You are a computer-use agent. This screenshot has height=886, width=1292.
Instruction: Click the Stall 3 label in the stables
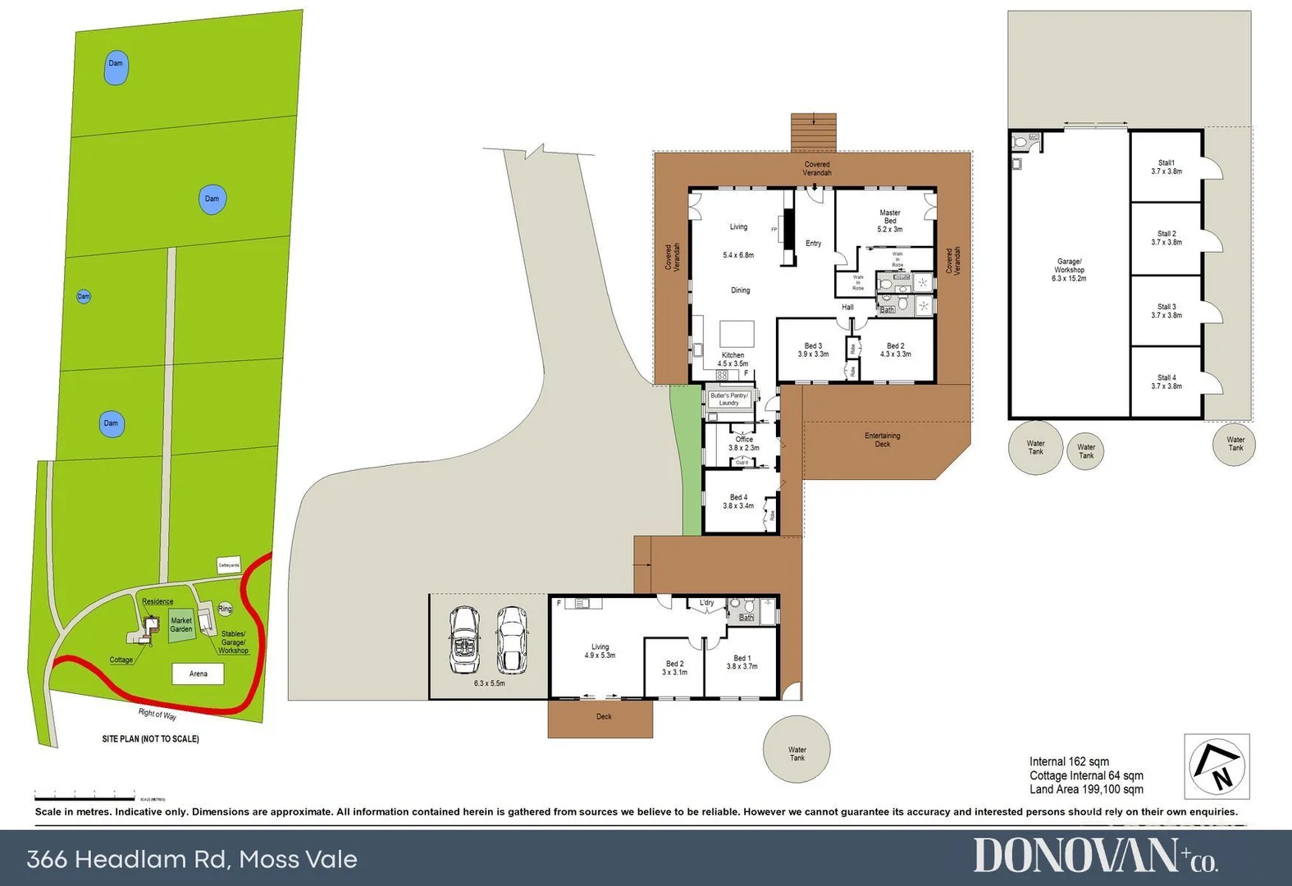pyautogui.click(x=1166, y=311)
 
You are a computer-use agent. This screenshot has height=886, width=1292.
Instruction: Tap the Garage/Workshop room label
pyautogui.click(x=1069, y=270)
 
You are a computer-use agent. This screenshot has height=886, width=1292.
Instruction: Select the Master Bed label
pyautogui.click(x=890, y=221)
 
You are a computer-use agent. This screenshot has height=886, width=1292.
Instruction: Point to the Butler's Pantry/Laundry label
pyautogui.click(x=729, y=399)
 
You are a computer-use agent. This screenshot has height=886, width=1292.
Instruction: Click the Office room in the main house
pyautogui.click(x=744, y=443)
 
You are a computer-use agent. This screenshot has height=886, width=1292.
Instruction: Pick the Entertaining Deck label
pyautogui.click(x=882, y=440)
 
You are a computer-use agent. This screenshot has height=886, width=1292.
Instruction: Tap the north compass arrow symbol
pyautogui.click(x=1218, y=766)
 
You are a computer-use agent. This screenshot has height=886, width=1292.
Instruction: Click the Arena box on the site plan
pyautogui.click(x=198, y=674)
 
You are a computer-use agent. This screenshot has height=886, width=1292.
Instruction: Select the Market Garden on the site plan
pyautogui.click(x=181, y=625)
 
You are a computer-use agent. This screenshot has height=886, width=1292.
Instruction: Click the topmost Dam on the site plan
pyautogui.click(x=116, y=69)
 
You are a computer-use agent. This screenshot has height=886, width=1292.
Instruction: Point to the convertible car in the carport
pyautogui.click(x=465, y=640)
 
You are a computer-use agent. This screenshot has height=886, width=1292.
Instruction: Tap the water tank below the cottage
pyautogui.click(x=797, y=750)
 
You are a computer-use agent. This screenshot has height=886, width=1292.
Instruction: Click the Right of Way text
pyautogui.click(x=158, y=714)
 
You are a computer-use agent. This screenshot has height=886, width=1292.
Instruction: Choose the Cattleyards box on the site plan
pyautogui.click(x=229, y=565)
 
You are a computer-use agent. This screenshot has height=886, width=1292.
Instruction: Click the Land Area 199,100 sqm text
pyautogui.click(x=1086, y=789)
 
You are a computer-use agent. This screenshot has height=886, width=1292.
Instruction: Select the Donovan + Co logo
pyautogui.click(x=1095, y=856)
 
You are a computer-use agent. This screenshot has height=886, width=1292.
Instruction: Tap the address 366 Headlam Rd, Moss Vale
pyautogui.click(x=192, y=859)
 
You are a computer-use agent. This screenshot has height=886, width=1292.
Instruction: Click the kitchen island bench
pyautogui.click(x=737, y=335)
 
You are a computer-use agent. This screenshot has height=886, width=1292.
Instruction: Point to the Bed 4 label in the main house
pyautogui.click(x=738, y=501)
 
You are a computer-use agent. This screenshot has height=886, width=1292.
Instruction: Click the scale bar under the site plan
pyautogui.click(x=84, y=796)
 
